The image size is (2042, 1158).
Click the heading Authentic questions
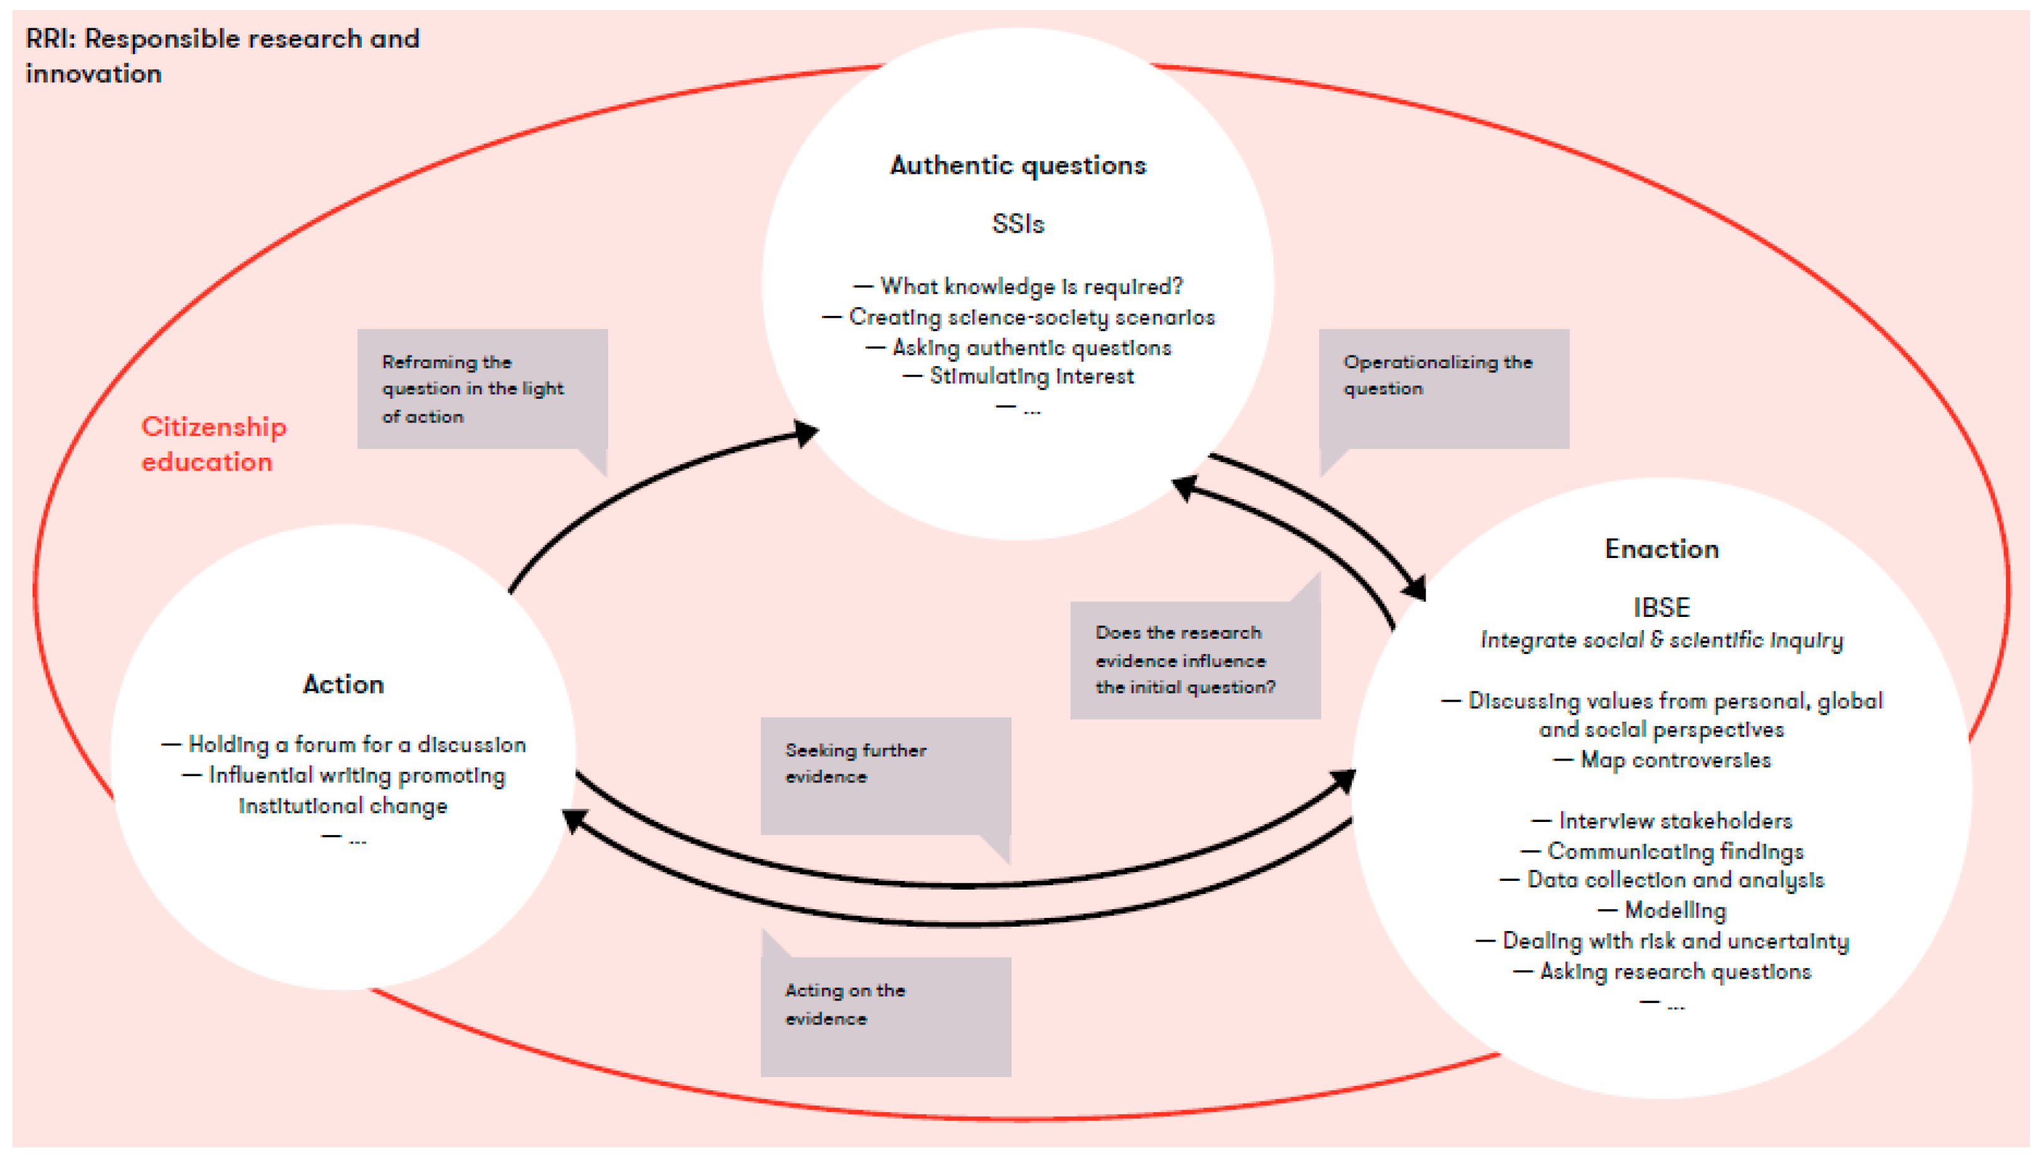1018,166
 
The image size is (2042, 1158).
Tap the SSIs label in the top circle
1018,224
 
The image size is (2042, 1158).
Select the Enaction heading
1661,549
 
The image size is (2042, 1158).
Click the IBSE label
1661,608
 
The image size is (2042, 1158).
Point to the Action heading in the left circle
344,685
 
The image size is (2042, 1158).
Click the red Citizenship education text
213,444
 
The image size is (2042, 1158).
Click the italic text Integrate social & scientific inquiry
1661,640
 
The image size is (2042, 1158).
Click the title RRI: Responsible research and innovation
222,56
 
